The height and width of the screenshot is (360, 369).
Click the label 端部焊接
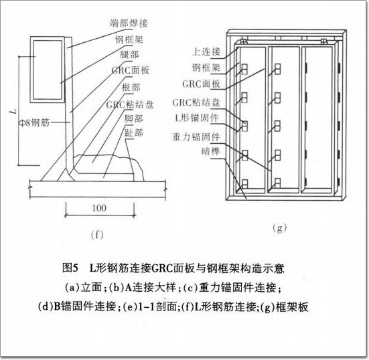click(129, 23)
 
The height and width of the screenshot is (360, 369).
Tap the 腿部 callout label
click(129, 55)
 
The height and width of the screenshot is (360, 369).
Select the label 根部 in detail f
click(131, 88)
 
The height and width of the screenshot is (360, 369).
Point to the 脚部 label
click(133, 118)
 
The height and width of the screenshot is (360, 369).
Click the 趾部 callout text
click(133, 133)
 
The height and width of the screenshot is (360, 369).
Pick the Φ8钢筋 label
click(34, 122)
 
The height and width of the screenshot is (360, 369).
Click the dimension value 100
click(99, 208)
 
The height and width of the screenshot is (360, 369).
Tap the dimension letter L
click(13, 110)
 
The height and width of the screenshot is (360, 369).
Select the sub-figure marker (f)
click(97, 235)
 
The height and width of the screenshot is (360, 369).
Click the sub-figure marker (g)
click(279, 228)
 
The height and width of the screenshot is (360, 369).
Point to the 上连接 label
click(206, 52)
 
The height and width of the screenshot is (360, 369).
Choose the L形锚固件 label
click(197, 118)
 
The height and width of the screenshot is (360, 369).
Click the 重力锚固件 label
click(196, 137)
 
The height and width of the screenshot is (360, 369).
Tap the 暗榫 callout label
click(210, 151)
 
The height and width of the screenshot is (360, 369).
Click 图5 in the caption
click(70, 268)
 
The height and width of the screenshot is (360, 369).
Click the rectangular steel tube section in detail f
click(48, 70)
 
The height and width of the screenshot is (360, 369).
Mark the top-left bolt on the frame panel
click(244, 41)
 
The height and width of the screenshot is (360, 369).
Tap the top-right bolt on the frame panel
click(324, 41)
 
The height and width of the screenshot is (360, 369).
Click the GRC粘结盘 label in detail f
click(130, 104)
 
